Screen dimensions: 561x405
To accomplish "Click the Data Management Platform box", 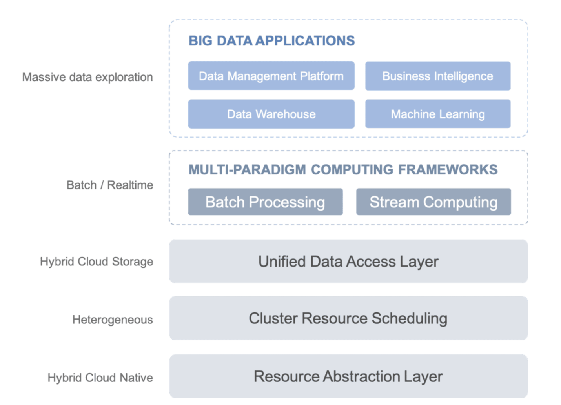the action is coord(271,76).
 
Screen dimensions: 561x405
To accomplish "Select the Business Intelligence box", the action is coord(438,76).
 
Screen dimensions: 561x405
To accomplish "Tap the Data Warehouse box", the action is coord(271,114).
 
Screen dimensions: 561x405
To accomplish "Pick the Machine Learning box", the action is coord(438,114).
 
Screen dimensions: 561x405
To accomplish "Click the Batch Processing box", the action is coord(266,202).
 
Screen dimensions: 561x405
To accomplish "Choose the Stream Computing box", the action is coord(433,202).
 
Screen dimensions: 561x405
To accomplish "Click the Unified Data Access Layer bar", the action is coord(348,262).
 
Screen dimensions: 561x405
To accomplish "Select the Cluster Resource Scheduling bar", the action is coord(348,318).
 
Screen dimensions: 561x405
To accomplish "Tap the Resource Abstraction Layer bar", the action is coord(348,376).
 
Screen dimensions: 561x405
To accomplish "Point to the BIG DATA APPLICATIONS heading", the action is coord(272,40).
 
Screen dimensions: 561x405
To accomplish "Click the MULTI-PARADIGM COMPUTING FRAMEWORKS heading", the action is coord(343,169).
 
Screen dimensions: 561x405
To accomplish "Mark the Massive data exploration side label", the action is coord(87,77).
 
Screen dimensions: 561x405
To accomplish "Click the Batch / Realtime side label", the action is coord(110,185).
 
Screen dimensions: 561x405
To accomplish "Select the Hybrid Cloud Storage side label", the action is coord(97,262).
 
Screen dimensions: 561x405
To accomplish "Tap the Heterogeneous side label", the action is coord(113,320).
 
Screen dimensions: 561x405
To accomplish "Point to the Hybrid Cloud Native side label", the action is coord(100,378).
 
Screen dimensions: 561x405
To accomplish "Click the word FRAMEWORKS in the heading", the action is coord(448,169).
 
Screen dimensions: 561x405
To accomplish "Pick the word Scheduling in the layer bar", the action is coord(410,319).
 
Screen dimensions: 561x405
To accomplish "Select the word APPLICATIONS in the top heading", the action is coord(305,40).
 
